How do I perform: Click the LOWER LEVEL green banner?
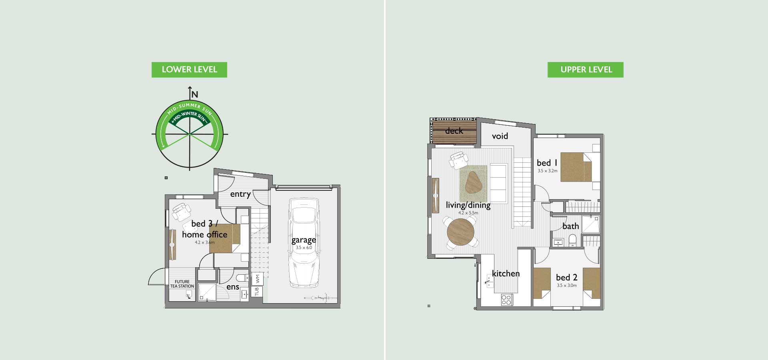click(x=189, y=70)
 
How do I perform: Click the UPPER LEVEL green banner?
click(x=586, y=70)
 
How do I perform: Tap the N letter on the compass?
click(x=195, y=95)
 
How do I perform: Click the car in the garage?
click(x=304, y=243)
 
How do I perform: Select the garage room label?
click(x=304, y=240)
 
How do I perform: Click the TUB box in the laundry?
click(x=257, y=291)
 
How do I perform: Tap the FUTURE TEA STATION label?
click(x=182, y=284)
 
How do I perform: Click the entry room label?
click(x=240, y=194)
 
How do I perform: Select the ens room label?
click(x=233, y=287)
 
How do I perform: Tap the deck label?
click(x=454, y=131)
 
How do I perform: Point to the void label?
click(x=500, y=136)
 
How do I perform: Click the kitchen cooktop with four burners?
click(x=507, y=300)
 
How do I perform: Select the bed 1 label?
click(x=547, y=163)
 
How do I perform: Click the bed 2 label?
click(x=567, y=278)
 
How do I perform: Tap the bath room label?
click(x=571, y=226)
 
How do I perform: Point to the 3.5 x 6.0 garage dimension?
click(x=304, y=248)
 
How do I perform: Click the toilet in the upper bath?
click(x=572, y=240)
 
